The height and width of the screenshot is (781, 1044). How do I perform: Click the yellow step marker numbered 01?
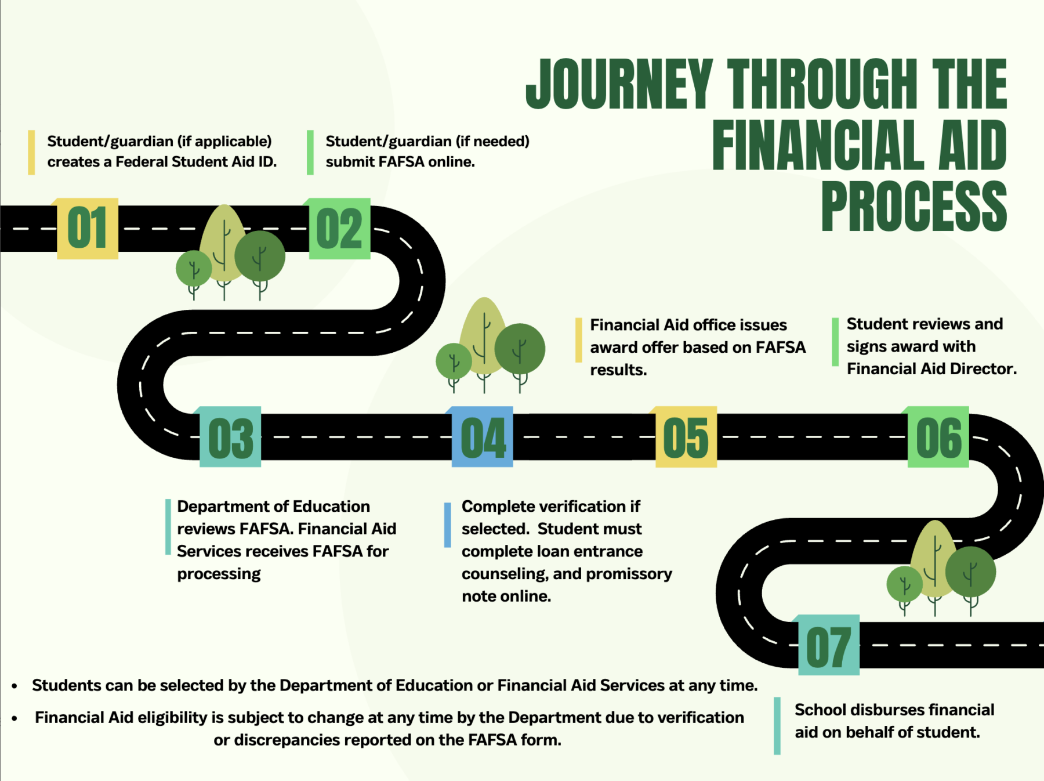click(88, 228)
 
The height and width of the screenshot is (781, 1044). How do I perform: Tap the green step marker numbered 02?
click(340, 228)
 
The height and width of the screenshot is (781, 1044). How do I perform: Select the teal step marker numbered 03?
click(230, 437)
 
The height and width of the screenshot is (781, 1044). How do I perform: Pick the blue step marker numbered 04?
click(483, 437)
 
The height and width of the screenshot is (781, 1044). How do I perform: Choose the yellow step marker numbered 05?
click(686, 437)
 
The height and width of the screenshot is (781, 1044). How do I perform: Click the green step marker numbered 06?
click(938, 437)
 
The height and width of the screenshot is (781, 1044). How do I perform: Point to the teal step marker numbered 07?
click(829, 645)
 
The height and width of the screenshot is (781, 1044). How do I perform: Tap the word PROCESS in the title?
click(914, 206)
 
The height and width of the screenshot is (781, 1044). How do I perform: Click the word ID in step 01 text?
click(266, 162)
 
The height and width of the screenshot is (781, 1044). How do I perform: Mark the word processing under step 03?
click(219, 574)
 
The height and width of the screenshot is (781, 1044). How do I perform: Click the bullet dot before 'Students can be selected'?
click(14, 686)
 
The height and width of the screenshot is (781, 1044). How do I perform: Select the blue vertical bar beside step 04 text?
click(447, 525)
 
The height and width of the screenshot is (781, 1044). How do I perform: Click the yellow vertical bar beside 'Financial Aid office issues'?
click(578, 341)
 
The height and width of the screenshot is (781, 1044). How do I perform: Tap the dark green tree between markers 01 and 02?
click(260, 256)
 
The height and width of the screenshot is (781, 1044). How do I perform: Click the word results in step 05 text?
click(618, 370)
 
